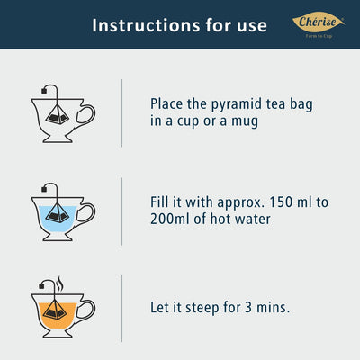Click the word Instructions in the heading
pyautogui.click(x=146, y=25)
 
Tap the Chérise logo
pyautogui.click(x=319, y=24)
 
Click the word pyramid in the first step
pyautogui.click(x=237, y=105)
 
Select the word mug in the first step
pyautogui.click(x=245, y=122)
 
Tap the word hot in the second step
pyautogui.click(x=220, y=219)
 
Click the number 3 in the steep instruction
pyautogui.click(x=248, y=308)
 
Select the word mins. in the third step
pyautogui.click(x=273, y=308)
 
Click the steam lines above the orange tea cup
pyautogui.click(x=60, y=283)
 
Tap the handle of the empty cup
pyautogui.click(x=86, y=114)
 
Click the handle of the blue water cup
pyautogui.click(x=86, y=212)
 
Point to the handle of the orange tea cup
pyautogui.click(x=86, y=310)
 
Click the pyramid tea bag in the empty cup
pyautogui.click(x=58, y=115)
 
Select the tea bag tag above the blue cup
pyautogui.click(x=44, y=189)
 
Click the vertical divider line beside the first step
pyautogui.click(x=121, y=113)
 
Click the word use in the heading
pyautogui.click(x=252, y=27)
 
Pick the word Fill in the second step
pyautogui.click(x=159, y=202)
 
